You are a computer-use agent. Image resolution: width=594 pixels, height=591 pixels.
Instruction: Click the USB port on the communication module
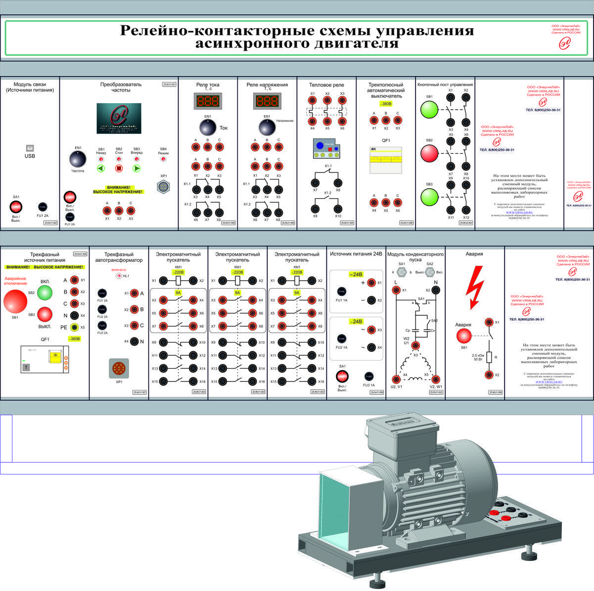[30, 148]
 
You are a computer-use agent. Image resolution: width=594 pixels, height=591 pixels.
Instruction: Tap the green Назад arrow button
[101, 169]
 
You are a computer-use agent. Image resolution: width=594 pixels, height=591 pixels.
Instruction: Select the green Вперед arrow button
[137, 169]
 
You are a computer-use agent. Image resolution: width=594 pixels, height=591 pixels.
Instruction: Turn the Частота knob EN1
[78, 160]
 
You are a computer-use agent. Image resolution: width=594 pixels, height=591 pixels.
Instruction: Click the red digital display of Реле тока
[207, 101]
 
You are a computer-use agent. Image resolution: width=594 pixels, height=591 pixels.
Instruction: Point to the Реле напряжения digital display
[267, 101]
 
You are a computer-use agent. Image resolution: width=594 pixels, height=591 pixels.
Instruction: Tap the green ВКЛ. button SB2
[45, 293]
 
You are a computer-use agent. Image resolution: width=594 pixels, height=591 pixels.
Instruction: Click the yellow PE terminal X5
[74, 327]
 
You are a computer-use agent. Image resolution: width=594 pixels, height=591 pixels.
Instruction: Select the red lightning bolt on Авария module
[475, 286]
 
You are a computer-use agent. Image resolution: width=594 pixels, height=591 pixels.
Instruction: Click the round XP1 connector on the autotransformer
[119, 368]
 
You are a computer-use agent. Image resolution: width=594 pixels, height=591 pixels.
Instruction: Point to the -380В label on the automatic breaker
[386, 104]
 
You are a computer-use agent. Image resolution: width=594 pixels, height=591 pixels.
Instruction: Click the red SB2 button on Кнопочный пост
[429, 153]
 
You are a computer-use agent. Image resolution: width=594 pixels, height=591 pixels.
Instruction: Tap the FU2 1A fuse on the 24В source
[341, 338]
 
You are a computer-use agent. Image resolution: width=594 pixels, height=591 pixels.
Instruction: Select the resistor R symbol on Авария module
[489, 357]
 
